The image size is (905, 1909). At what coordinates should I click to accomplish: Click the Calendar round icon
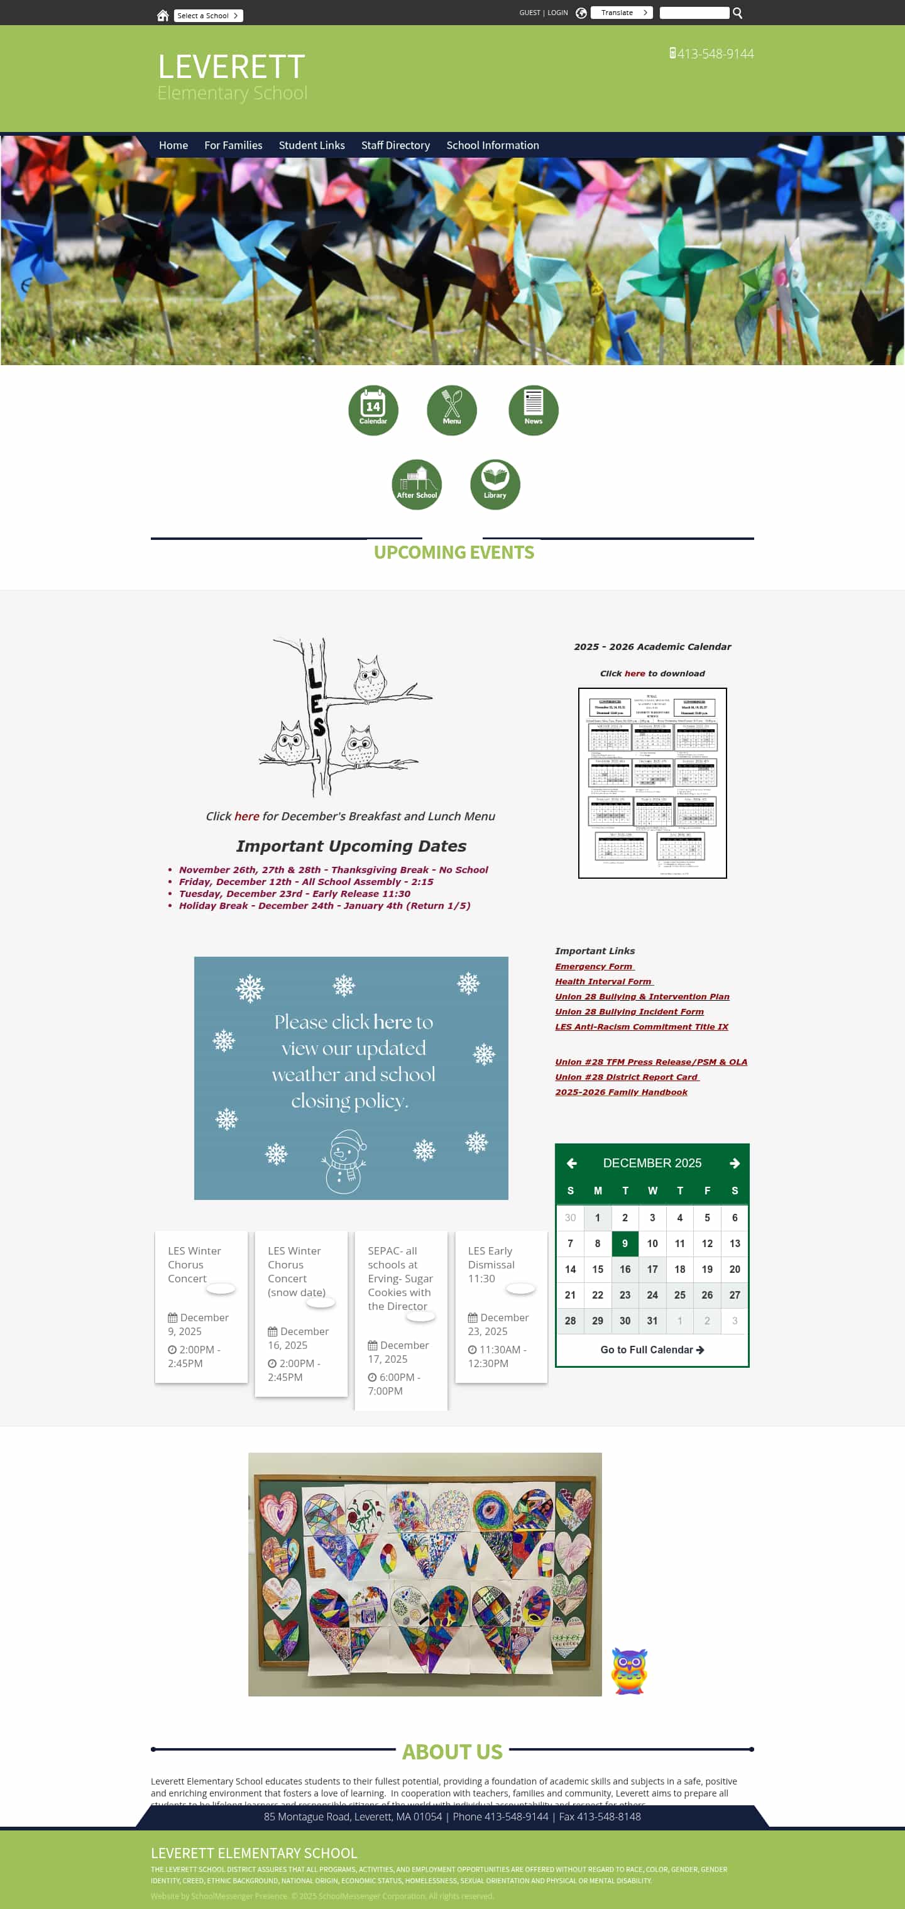[x=373, y=410]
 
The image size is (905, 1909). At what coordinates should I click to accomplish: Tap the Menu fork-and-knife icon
[x=451, y=410]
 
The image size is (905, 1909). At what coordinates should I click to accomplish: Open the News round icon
[x=533, y=410]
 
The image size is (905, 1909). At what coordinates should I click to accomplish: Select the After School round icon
[x=417, y=484]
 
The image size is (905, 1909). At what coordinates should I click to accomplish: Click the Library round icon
[x=495, y=484]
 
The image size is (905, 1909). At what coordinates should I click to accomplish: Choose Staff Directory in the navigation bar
[x=395, y=145]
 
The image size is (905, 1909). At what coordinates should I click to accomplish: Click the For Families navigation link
[x=233, y=145]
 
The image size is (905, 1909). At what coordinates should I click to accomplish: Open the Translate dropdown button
[x=621, y=13]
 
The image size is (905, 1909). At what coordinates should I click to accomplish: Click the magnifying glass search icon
[x=737, y=13]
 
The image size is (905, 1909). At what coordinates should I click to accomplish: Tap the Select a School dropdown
[x=207, y=16]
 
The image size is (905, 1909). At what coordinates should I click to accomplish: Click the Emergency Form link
[x=594, y=966]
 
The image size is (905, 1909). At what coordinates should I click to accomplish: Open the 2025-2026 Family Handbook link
[x=621, y=1092]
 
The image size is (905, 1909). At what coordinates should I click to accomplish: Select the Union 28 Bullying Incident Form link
[x=629, y=1011]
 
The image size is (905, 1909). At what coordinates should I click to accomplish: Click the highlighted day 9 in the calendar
[x=625, y=1243]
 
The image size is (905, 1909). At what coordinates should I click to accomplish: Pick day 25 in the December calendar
[x=679, y=1295]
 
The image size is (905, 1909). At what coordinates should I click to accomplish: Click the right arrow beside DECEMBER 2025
[x=734, y=1164]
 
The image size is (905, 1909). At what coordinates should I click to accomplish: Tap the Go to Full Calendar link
[x=652, y=1350]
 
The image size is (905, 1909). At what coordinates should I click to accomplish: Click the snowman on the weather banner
[x=344, y=1161]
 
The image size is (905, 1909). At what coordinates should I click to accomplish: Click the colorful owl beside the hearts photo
[x=629, y=1671]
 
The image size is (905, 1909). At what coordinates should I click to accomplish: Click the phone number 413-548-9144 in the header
[x=715, y=54]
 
